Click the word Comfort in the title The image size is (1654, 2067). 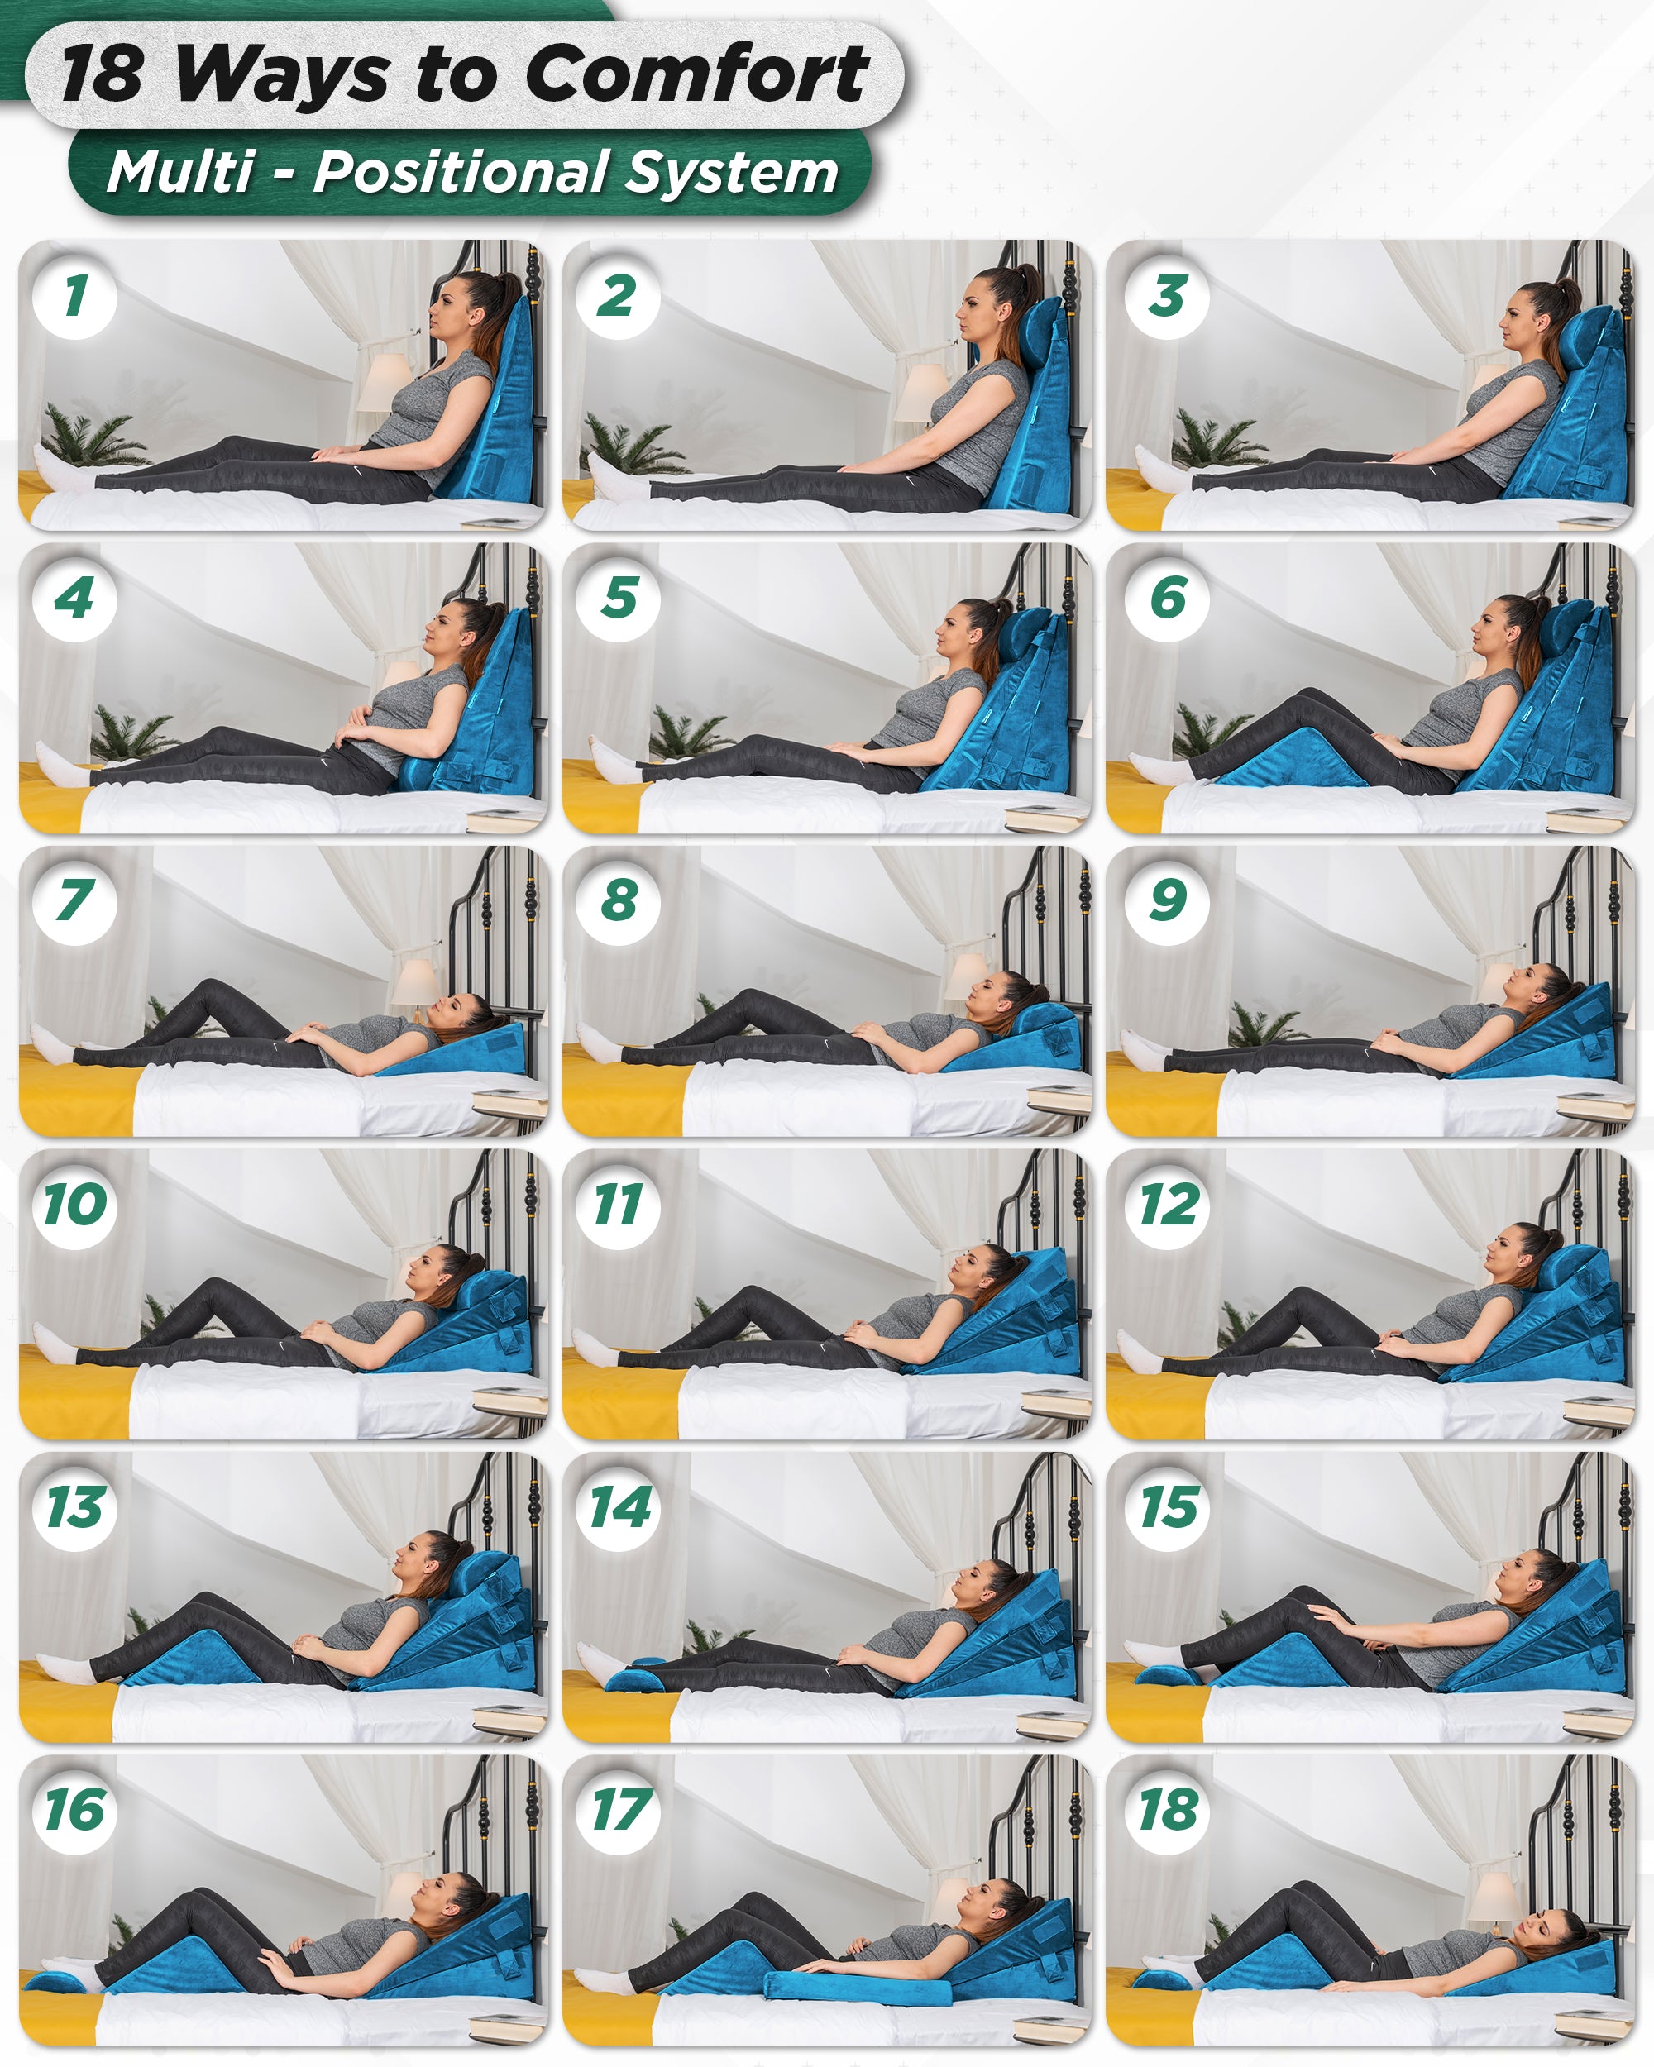697,74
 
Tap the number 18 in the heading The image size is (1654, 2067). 102,74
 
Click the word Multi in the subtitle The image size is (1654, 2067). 181,174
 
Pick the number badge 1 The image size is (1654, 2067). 74,296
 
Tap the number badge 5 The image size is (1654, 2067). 619,599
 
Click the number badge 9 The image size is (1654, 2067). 1167,901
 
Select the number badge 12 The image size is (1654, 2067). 1167,1205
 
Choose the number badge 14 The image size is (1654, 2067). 619,1507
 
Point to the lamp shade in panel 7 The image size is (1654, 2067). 415,983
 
